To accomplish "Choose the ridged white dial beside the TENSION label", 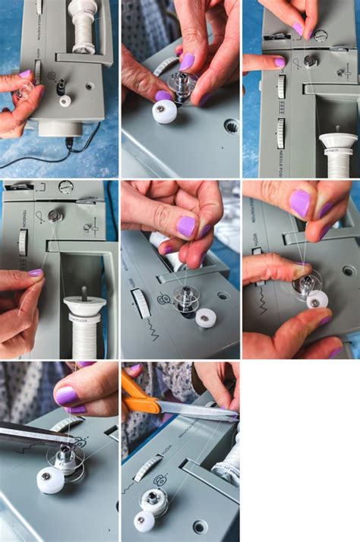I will tap(24, 242).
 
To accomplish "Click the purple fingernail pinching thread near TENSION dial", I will tap(35, 273).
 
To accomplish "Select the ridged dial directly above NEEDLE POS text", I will tap(281, 132).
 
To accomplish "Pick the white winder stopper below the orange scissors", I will tap(144, 521).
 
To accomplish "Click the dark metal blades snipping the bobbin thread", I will tap(30, 435).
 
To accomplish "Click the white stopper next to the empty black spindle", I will tap(65, 100).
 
